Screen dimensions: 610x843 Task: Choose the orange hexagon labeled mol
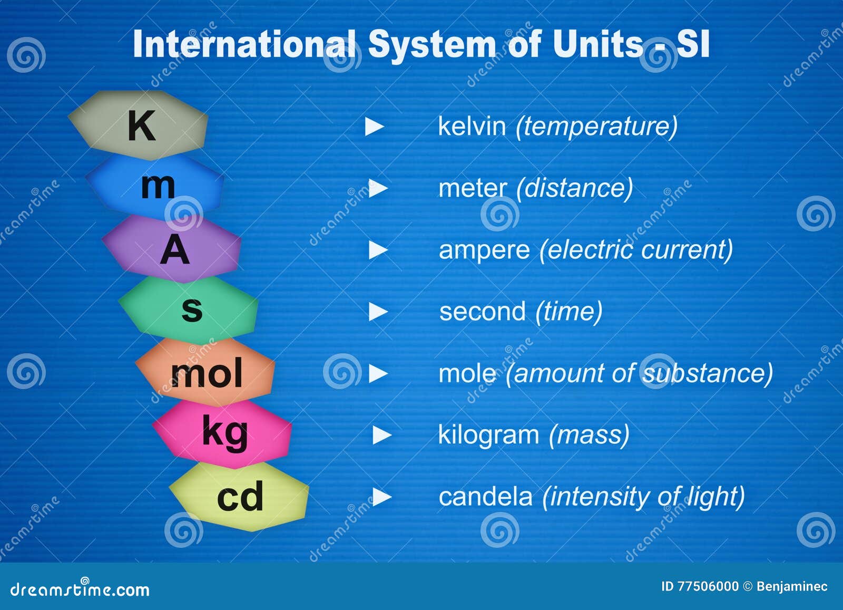tap(206, 372)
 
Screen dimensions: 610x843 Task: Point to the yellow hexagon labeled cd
tap(240, 496)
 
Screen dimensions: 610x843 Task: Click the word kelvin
tap(472, 127)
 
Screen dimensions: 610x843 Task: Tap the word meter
tap(472, 188)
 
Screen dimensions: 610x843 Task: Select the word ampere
tap(484, 250)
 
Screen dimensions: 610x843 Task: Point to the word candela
tap(485, 497)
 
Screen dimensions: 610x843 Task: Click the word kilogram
tap(488, 435)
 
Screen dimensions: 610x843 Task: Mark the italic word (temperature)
tap(596, 127)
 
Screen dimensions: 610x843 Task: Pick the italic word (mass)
tap(589, 435)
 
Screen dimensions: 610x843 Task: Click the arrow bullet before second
tap(378, 312)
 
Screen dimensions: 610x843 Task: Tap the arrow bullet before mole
tap(378, 374)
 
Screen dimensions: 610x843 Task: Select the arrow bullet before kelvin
tap(374, 127)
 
